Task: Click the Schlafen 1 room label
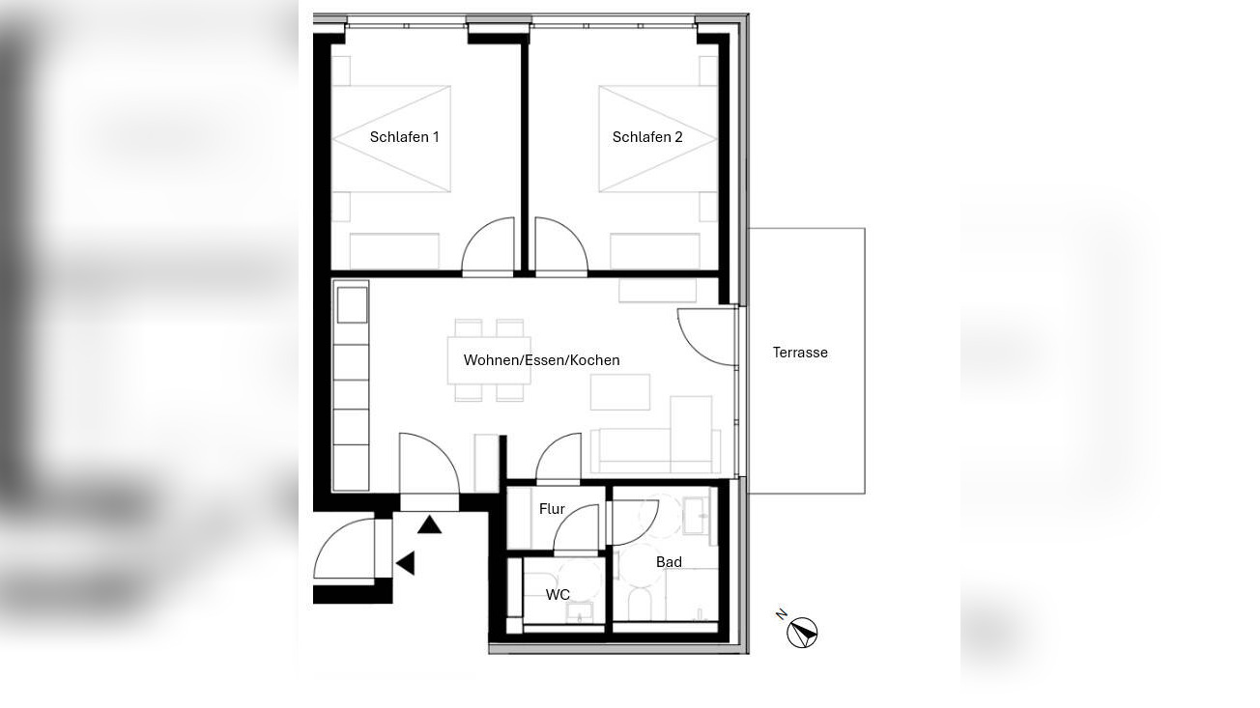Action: pos(404,137)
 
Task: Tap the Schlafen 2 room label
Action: pos(647,137)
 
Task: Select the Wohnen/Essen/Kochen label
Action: pos(541,360)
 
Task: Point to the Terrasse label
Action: pos(800,353)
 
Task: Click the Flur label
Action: pos(552,509)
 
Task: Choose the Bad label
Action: pos(669,562)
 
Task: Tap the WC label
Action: pos(558,595)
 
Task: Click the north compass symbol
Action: pos(801,634)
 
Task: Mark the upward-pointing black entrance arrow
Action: pos(429,524)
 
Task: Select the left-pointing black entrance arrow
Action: pos(406,563)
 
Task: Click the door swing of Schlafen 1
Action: pos(490,247)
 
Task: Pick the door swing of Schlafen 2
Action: pos(559,247)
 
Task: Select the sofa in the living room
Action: pos(655,449)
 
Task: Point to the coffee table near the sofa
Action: pos(620,392)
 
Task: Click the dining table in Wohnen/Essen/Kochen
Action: pos(489,360)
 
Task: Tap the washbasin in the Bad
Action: pos(696,516)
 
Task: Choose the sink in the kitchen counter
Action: pos(352,304)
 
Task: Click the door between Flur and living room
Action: pos(559,458)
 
